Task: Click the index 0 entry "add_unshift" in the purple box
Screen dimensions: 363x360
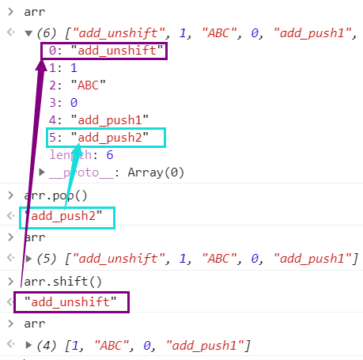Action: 106,51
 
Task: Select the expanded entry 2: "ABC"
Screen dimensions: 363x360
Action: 78,85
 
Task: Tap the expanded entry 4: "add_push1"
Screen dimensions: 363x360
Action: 99,120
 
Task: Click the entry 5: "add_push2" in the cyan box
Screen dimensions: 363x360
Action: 99,138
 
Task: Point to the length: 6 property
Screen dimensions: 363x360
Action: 81,155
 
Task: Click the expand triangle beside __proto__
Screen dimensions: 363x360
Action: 42,172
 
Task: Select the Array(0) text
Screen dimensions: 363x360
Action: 156,172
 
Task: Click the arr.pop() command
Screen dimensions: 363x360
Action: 55,195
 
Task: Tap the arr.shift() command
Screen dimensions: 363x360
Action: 62,282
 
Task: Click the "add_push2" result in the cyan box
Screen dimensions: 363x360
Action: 63,216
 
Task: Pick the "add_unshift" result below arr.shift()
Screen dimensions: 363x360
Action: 70,301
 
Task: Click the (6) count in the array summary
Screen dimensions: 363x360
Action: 47,33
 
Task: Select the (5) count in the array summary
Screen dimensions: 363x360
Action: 47,259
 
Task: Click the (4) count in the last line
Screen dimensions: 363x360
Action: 47,345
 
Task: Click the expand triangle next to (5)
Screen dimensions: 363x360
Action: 28,259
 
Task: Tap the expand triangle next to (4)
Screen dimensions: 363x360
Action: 28,345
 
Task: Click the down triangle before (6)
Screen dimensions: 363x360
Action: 28,33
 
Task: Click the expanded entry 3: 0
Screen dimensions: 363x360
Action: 63,103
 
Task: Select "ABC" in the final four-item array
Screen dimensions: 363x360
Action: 112,345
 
